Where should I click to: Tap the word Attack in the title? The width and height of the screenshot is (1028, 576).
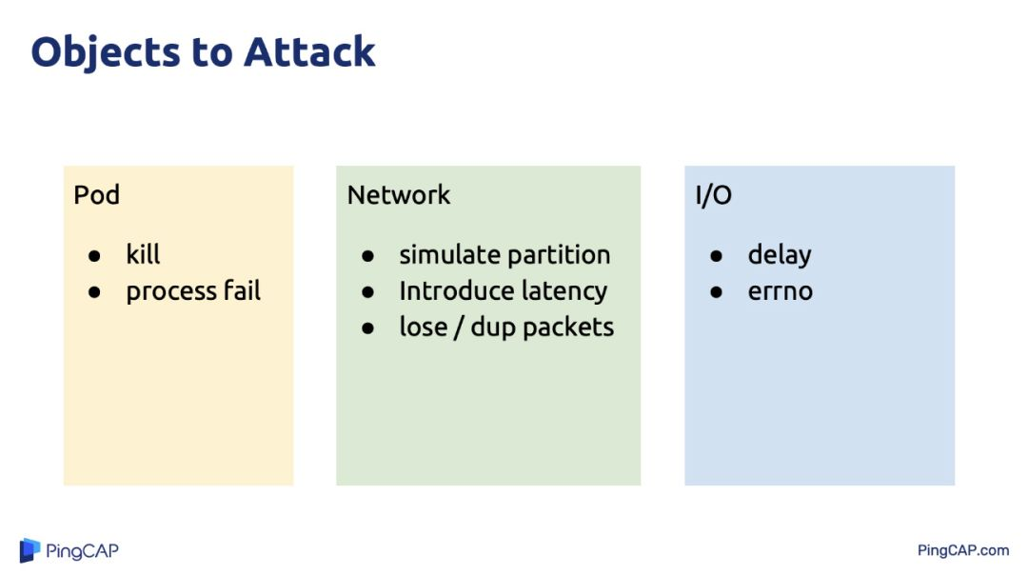click(309, 51)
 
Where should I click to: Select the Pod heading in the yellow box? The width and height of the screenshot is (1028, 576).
click(96, 195)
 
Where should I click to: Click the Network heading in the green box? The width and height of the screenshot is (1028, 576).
click(399, 195)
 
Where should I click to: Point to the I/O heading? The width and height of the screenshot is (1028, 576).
click(713, 195)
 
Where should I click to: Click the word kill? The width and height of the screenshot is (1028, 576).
click(143, 254)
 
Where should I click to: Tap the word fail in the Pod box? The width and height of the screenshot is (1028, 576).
click(242, 290)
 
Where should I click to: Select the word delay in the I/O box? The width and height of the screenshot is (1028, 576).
click(780, 255)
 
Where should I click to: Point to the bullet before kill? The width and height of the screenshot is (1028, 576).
click(94, 255)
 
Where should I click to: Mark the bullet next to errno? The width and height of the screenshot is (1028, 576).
click(716, 292)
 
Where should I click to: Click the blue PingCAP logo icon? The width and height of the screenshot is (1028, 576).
click(30, 550)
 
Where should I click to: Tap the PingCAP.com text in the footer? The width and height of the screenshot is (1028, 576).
click(963, 550)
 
